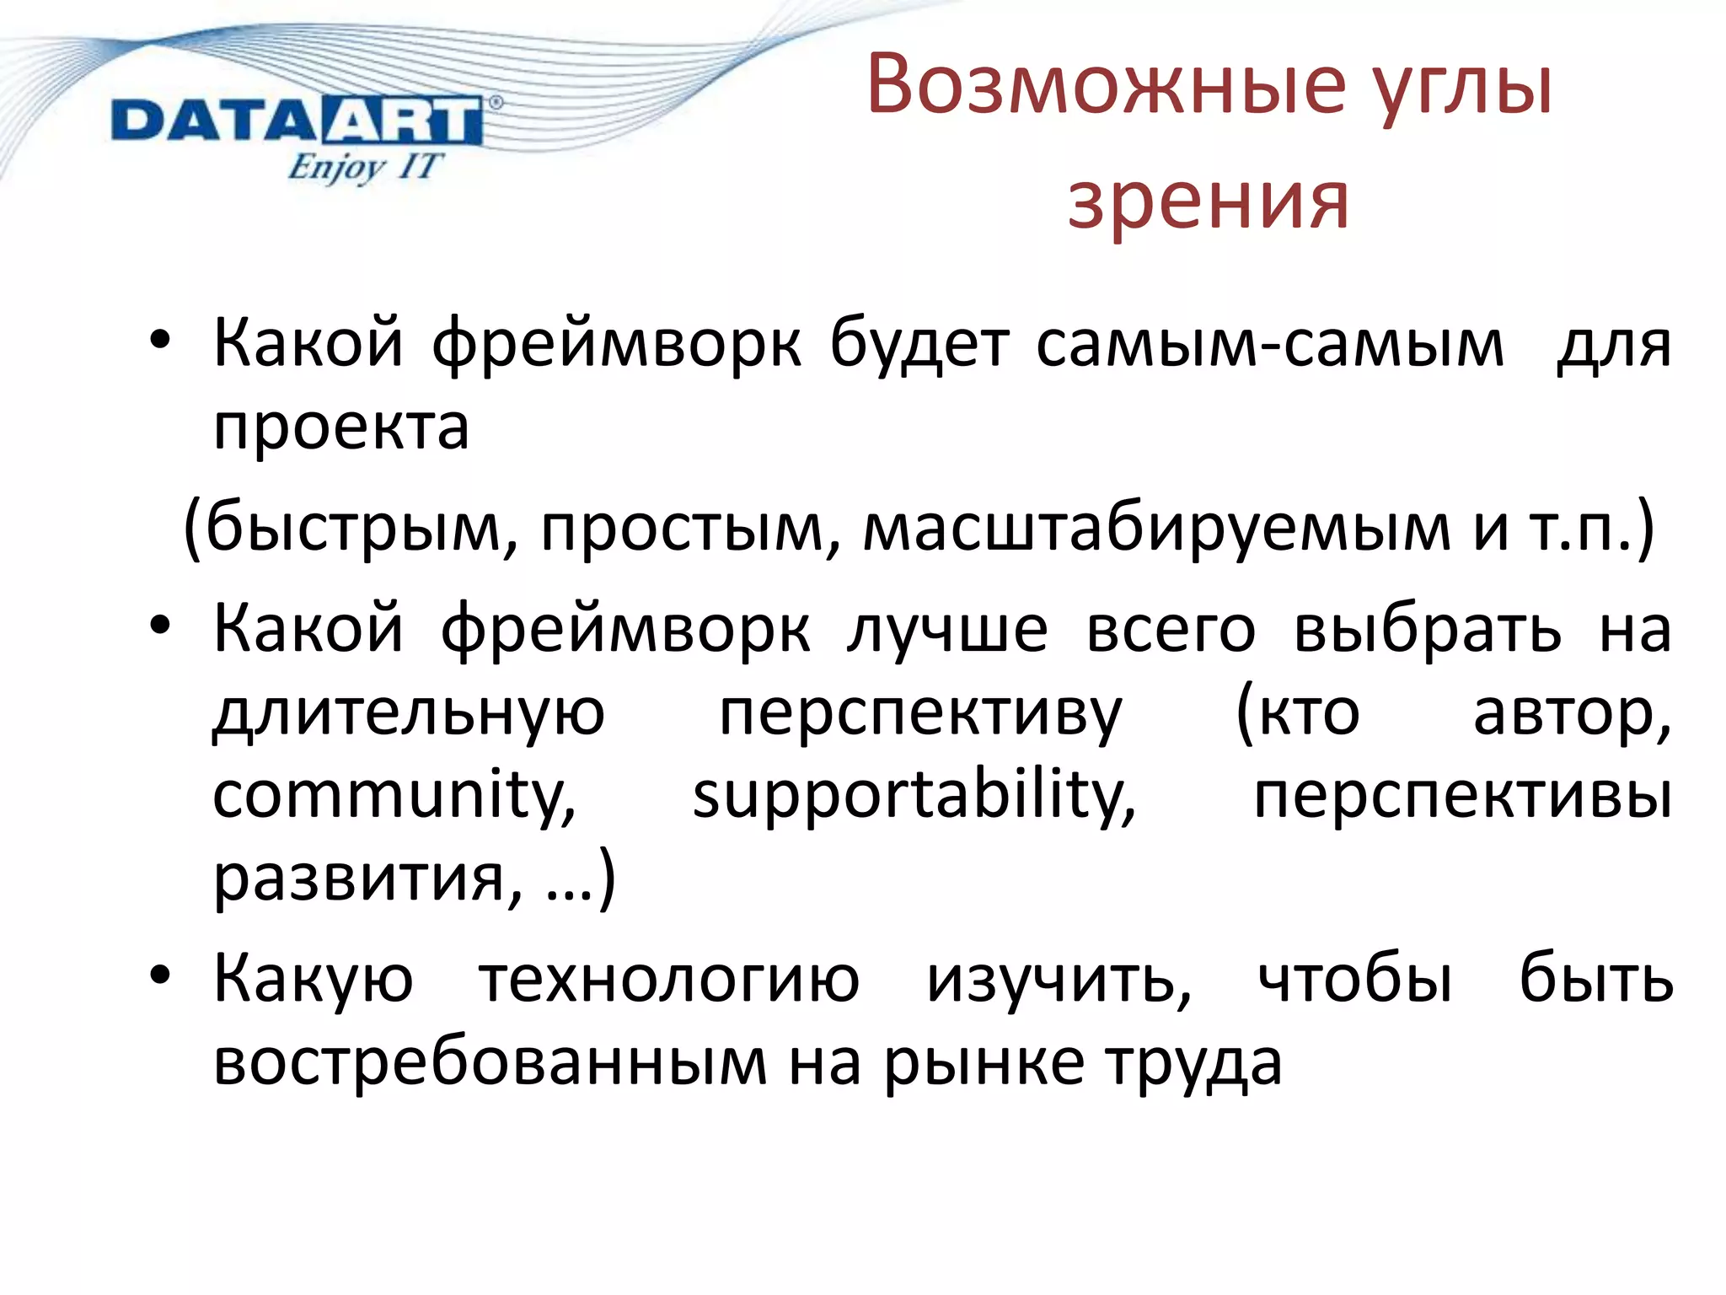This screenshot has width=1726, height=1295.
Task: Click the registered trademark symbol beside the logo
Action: pyautogui.click(x=495, y=103)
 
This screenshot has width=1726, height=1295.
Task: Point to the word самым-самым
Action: pyautogui.click(x=1269, y=346)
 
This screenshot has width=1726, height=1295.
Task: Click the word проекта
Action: pyautogui.click(x=340, y=428)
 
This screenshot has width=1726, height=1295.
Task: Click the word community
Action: pyautogui.click(x=394, y=796)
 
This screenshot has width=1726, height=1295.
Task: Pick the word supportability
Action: pyautogui.click(x=914, y=796)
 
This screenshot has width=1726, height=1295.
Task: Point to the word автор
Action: pyautogui.click(x=1571, y=713)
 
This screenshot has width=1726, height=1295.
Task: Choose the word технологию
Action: pyautogui.click(x=669, y=981)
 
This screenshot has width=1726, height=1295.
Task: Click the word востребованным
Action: pyautogui.click(x=490, y=1064)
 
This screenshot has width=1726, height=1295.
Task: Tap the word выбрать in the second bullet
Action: pyautogui.click(x=1427, y=630)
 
